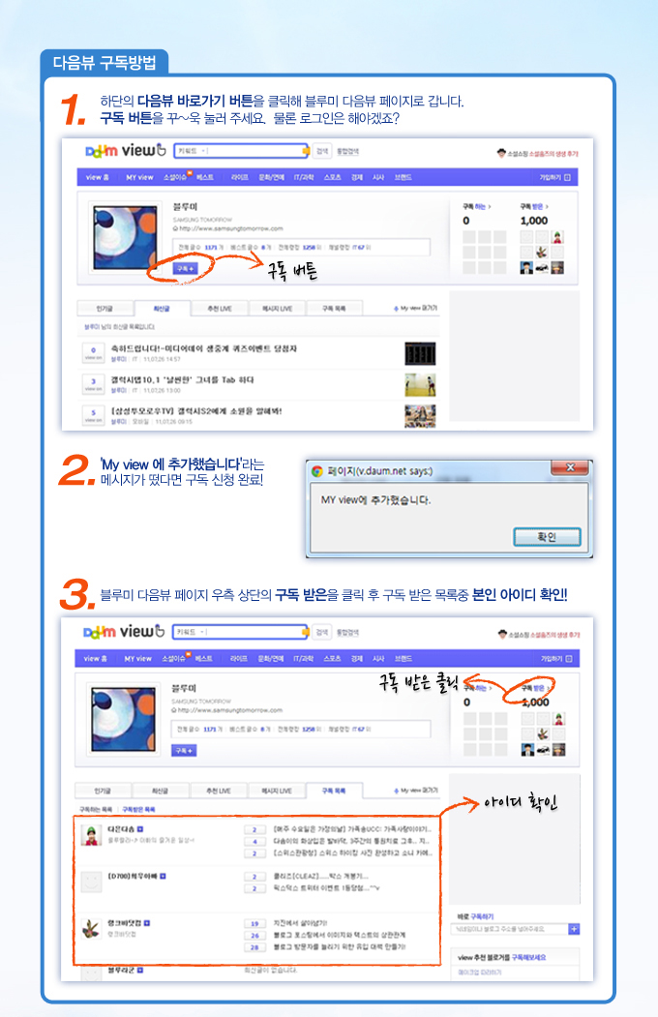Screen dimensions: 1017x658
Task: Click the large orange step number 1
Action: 76,110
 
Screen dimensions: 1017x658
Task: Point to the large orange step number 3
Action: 77,594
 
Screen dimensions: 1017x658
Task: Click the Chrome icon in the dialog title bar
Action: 316,471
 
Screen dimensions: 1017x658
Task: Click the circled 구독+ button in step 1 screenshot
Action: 184,268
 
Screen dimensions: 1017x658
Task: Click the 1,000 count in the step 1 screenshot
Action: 533,221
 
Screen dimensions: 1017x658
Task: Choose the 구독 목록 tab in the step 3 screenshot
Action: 334,791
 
